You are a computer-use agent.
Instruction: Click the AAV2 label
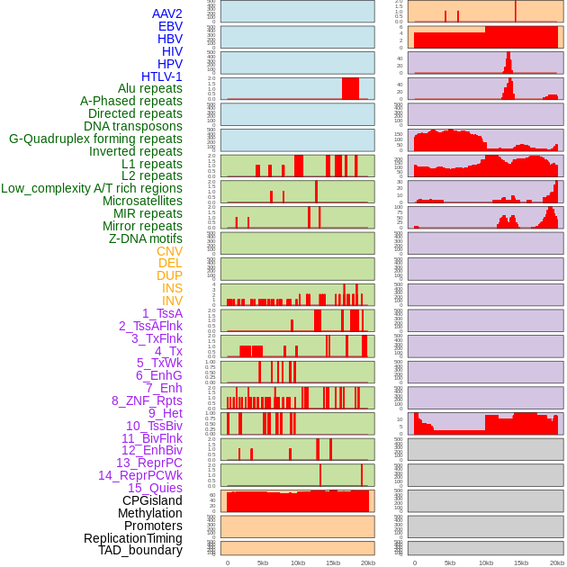click(166, 13)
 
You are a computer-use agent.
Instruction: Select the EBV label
click(170, 26)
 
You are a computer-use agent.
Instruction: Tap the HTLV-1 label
click(161, 76)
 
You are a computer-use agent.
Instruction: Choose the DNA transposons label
click(133, 126)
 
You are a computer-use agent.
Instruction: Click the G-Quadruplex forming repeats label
click(95, 139)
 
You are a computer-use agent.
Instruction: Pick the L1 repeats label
click(151, 164)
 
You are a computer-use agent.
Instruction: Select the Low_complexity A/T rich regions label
click(92, 188)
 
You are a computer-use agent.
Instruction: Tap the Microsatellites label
click(142, 201)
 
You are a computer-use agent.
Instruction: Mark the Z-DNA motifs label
click(145, 238)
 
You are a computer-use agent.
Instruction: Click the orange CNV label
click(169, 251)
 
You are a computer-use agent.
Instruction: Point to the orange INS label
click(172, 288)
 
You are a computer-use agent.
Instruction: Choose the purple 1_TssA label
click(162, 313)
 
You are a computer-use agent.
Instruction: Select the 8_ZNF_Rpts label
click(147, 400)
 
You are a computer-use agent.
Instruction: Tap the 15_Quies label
click(155, 488)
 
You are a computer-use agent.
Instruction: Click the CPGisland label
click(152, 500)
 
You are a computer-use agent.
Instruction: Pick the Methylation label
click(149, 513)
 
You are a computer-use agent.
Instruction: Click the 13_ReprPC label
click(148, 463)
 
